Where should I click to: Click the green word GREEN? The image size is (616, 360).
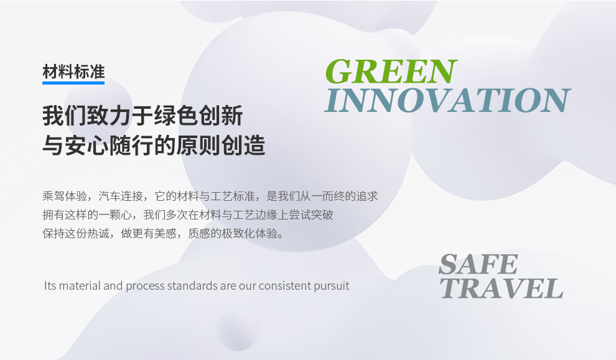click(x=391, y=72)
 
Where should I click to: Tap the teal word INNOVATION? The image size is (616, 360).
click(x=447, y=101)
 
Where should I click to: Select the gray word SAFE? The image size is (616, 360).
click(x=478, y=264)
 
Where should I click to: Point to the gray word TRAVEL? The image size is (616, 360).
click(x=502, y=288)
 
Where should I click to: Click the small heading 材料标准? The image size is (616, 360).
click(x=73, y=72)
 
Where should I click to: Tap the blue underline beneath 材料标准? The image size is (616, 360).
click(x=73, y=83)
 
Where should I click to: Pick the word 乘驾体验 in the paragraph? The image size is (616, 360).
click(x=65, y=195)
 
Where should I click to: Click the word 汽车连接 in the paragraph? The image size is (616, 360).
click(x=121, y=195)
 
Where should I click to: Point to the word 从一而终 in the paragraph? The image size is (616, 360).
click(x=322, y=195)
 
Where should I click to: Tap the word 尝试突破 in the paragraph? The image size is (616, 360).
click(x=310, y=215)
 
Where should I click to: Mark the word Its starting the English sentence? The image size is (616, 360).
click(x=50, y=285)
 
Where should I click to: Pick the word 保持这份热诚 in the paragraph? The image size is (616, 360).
click(x=75, y=233)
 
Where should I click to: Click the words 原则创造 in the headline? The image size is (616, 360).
click(x=221, y=145)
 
